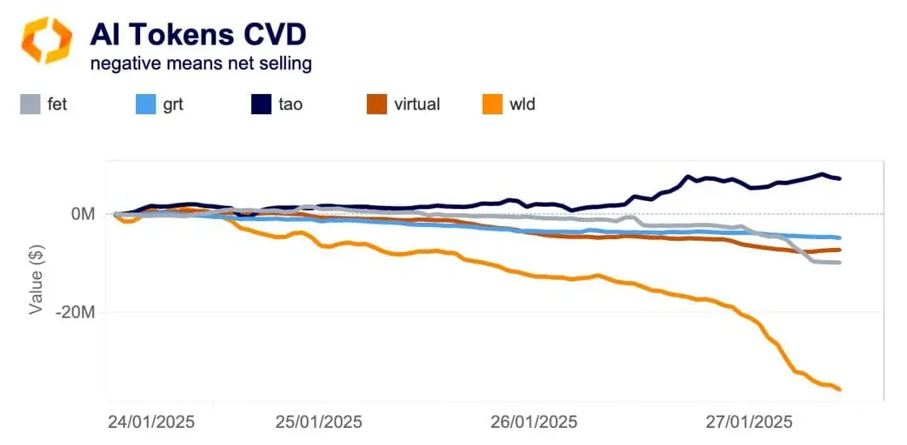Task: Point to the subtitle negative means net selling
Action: point(200,63)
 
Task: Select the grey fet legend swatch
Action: point(30,105)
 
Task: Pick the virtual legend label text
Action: point(417,105)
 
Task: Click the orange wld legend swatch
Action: point(492,105)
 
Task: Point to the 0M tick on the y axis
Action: point(83,214)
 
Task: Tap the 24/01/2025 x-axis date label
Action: point(151,422)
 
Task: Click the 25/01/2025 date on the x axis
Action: point(319,422)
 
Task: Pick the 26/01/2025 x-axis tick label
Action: point(534,422)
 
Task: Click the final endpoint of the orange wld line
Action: point(840,389)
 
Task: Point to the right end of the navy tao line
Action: point(840,178)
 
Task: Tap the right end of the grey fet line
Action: point(840,263)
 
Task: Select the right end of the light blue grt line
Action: point(840,237)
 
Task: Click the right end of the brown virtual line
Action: point(840,250)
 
